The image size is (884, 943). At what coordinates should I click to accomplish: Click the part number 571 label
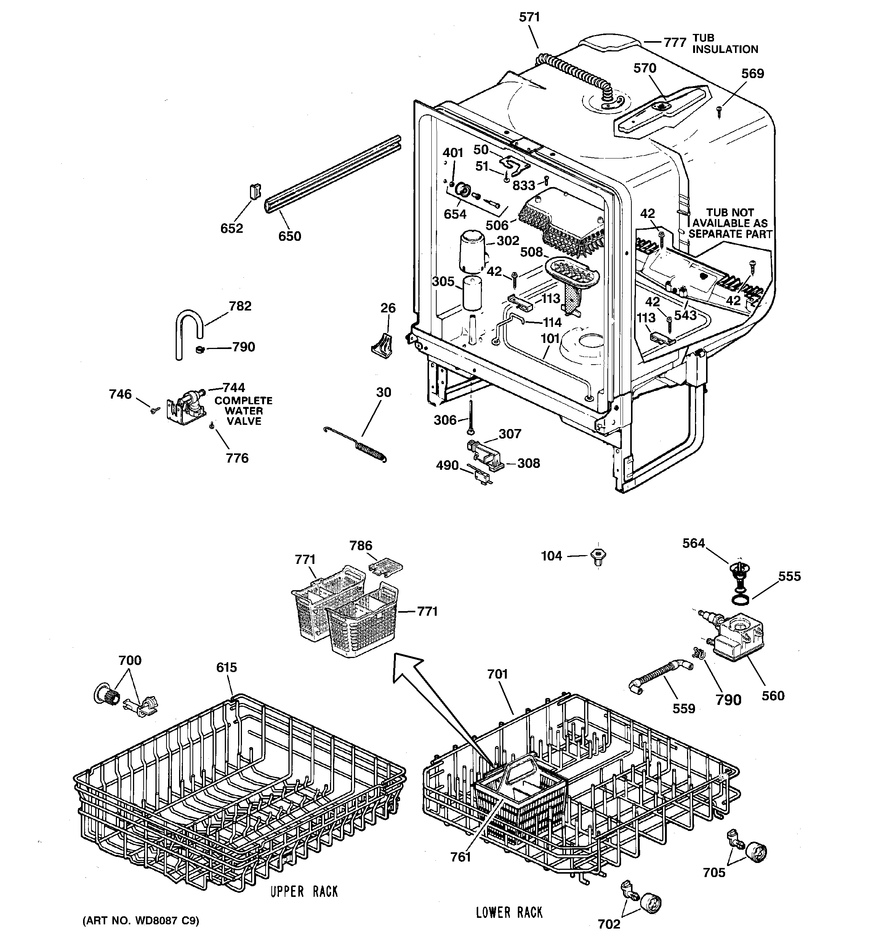click(x=529, y=17)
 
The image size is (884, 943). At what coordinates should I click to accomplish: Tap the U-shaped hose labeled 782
click(x=186, y=325)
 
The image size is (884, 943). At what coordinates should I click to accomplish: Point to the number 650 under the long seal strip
click(x=290, y=236)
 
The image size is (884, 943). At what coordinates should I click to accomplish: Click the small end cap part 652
click(x=255, y=192)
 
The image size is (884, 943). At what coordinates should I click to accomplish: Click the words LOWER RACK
click(x=509, y=912)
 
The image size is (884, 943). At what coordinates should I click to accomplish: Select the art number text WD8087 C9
click(x=141, y=921)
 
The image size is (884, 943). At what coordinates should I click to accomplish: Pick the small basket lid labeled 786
click(x=386, y=567)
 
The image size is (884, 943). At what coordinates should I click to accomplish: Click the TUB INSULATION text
click(x=725, y=44)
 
